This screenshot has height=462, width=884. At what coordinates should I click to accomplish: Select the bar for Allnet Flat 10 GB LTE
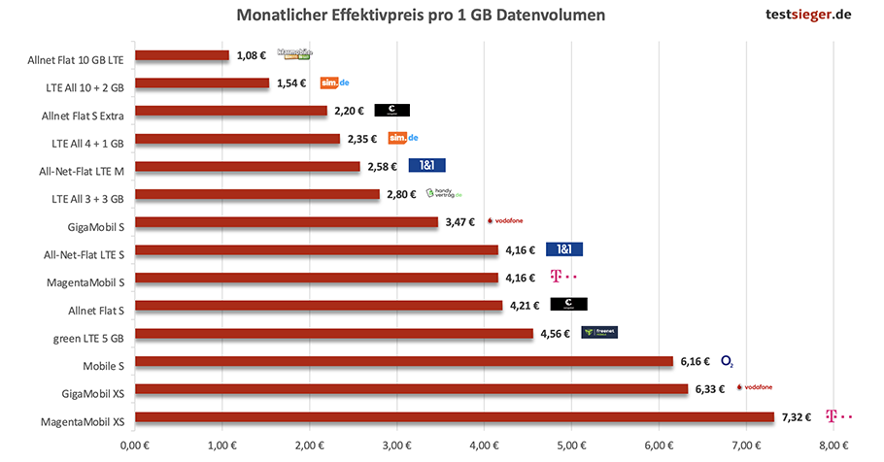point(182,56)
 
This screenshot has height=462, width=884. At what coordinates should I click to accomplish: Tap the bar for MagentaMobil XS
point(455,417)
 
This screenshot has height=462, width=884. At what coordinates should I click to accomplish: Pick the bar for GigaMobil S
point(287,222)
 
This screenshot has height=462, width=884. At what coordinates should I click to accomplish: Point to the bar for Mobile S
point(404,361)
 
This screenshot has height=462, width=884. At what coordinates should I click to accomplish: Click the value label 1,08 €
point(251,55)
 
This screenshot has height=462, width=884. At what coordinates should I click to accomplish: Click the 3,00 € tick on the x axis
point(396,445)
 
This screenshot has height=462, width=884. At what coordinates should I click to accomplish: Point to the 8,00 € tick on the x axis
point(833,445)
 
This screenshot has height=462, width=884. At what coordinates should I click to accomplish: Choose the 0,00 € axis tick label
point(135,445)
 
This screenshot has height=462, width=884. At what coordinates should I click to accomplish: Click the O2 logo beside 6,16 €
point(727,361)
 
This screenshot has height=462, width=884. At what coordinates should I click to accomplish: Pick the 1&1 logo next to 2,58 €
point(426,166)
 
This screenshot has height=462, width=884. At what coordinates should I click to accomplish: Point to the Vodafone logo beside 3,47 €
point(504,221)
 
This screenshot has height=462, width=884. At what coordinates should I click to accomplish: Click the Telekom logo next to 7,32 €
point(837,417)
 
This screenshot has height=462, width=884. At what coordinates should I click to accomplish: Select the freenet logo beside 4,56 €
point(598,333)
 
